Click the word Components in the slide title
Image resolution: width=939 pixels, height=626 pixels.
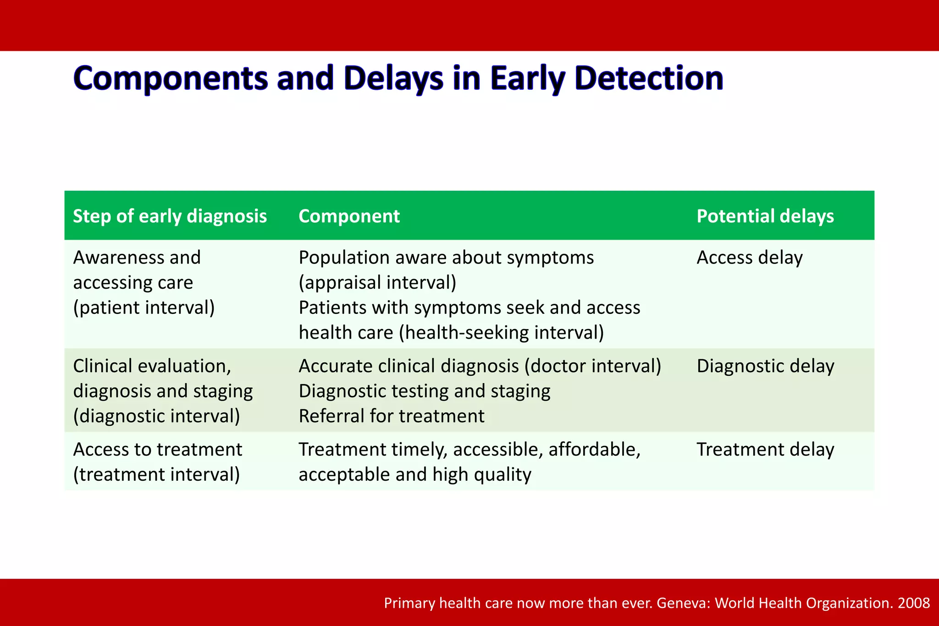[x=170, y=78]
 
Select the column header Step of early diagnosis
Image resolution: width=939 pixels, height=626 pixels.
[x=170, y=216]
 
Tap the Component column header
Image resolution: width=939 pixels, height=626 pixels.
[x=349, y=216]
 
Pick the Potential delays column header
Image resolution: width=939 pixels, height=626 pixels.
[x=765, y=216]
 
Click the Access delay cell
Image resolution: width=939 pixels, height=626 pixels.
[x=750, y=258]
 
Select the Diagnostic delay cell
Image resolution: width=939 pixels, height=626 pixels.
[x=765, y=366]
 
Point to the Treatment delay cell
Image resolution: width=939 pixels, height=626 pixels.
[x=765, y=450]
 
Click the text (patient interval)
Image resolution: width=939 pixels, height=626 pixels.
[x=144, y=308]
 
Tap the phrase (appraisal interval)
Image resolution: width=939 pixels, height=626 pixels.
[x=377, y=283]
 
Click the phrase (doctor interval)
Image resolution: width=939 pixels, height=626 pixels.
[x=593, y=366]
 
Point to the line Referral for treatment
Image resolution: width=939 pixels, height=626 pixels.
[x=392, y=416]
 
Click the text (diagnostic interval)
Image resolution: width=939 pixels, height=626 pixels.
[x=156, y=416]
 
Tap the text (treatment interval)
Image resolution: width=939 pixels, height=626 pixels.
[x=156, y=474]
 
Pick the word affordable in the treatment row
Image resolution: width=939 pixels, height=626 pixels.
[x=594, y=450]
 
